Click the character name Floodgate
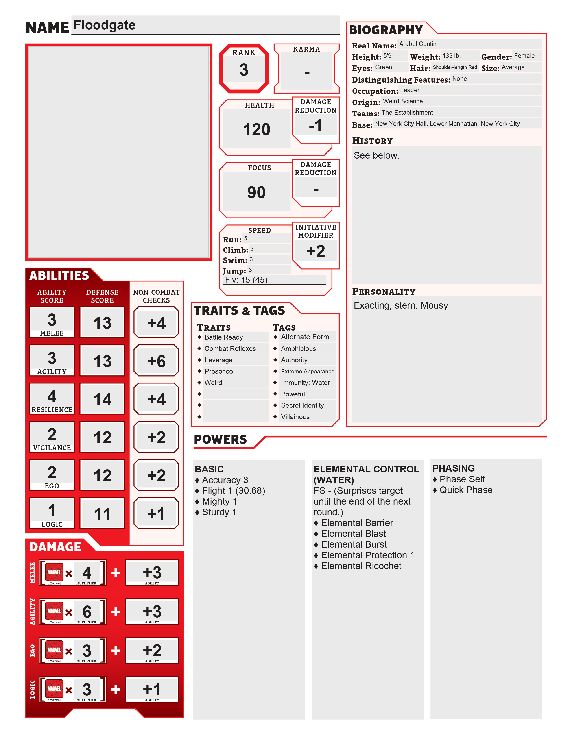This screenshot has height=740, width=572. coord(104,25)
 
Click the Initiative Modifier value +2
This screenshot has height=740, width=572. coord(315,251)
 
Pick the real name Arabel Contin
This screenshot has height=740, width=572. coord(417,44)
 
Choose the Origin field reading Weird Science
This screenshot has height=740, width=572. coord(403,101)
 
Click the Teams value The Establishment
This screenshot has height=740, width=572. coord(407,113)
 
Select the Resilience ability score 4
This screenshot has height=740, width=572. coord(52,396)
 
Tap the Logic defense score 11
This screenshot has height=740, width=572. coord(102,514)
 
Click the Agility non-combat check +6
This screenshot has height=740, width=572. coord(156,361)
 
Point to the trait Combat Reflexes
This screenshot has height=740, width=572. coord(230,349)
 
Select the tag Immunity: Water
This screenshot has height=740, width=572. coord(305,383)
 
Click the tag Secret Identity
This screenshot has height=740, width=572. coord(302,406)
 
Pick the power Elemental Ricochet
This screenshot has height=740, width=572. coord(361,566)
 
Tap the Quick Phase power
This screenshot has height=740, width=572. coord(466,490)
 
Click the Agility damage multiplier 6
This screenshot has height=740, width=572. coord(87,612)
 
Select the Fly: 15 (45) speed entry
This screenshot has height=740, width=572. coord(246,280)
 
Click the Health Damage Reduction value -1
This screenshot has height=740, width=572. coord(315,125)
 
